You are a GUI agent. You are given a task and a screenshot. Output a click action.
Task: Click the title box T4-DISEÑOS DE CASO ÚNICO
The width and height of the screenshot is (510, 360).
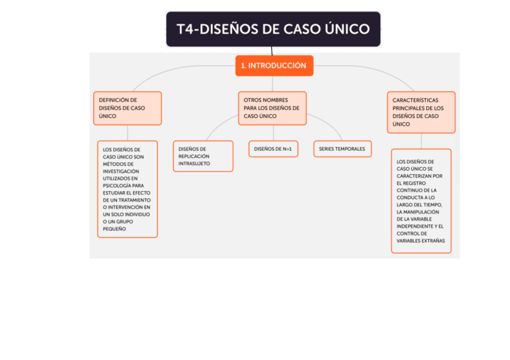tap(273, 29)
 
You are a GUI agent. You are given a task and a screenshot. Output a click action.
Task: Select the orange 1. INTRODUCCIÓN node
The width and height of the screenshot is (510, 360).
tap(274, 66)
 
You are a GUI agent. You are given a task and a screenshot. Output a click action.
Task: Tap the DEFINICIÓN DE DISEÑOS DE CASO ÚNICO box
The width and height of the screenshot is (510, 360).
tap(127, 108)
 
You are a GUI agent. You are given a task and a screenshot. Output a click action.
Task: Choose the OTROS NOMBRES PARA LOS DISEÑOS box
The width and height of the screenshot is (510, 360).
tap(272, 108)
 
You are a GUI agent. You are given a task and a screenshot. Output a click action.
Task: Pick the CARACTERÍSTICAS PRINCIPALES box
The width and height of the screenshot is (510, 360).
tap(421, 112)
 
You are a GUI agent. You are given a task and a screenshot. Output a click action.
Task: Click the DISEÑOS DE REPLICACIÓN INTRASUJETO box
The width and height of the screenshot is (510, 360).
tap(203, 156)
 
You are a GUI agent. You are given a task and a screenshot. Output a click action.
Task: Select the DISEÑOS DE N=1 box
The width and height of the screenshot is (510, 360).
tap(273, 149)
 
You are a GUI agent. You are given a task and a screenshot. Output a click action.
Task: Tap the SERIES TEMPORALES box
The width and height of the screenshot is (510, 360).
tap(342, 149)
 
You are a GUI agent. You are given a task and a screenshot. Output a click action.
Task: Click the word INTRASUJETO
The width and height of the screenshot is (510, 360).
tap(194, 163)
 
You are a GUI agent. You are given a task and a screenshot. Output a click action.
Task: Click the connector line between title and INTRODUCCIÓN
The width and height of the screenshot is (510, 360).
tap(272, 51)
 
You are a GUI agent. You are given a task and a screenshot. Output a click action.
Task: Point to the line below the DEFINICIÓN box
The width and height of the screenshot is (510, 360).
tap(127, 133)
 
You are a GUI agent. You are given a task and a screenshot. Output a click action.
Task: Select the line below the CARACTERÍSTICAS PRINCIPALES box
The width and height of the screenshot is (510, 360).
tap(421, 141)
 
